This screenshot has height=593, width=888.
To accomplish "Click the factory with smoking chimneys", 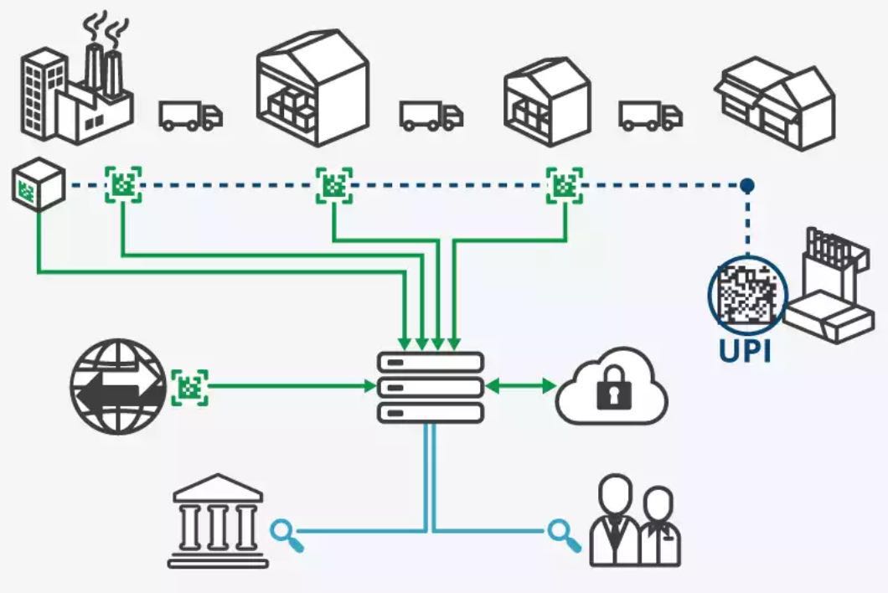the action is [77, 85].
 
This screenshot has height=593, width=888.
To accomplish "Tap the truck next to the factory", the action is [190, 116].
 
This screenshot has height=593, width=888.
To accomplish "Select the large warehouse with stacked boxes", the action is [313, 88].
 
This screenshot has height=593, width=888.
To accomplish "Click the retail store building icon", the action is [775, 103].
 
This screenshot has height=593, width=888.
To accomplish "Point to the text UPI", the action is [745, 350].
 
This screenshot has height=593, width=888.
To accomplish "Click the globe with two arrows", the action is [118, 387].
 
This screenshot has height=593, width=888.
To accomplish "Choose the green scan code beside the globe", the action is [189, 388].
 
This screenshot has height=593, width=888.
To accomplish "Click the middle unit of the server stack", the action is [431, 388].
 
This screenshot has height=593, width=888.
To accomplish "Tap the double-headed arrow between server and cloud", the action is [521, 386].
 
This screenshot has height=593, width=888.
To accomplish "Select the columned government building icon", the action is [218, 520].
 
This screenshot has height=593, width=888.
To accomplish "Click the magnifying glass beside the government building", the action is [287, 536].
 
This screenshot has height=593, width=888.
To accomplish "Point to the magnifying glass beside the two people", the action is [564, 536].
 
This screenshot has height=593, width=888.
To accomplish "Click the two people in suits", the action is [635, 521].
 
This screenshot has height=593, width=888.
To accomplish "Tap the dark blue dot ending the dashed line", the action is [747, 184].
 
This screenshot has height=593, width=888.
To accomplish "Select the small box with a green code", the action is [39, 184].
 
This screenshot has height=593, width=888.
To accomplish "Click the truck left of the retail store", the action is [650, 116].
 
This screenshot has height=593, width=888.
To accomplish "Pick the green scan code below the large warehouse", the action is [334, 185].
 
